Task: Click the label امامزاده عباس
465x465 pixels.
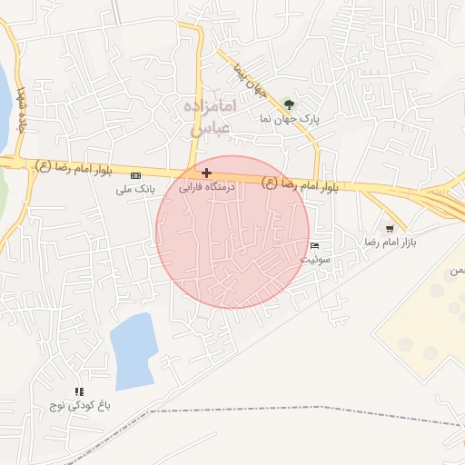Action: click(212, 118)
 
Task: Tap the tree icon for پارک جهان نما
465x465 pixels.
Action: click(289, 104)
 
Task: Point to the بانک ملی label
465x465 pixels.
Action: click(136, 190)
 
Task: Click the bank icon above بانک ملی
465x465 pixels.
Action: click(136, 175)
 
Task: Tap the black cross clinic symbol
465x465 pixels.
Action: click(208, 173)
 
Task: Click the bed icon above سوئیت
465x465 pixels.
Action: click(314, 246)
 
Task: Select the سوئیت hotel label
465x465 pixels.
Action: click(314, 260)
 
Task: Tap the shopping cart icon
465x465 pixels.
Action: click(390, 228)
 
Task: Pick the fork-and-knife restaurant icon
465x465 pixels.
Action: click(80, 391)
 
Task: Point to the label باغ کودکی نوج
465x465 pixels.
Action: click(80, 406)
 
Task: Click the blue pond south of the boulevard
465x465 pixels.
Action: click(133, 350)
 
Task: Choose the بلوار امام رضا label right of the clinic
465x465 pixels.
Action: click(301, 184)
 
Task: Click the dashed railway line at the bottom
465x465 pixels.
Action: click(272, 412)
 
